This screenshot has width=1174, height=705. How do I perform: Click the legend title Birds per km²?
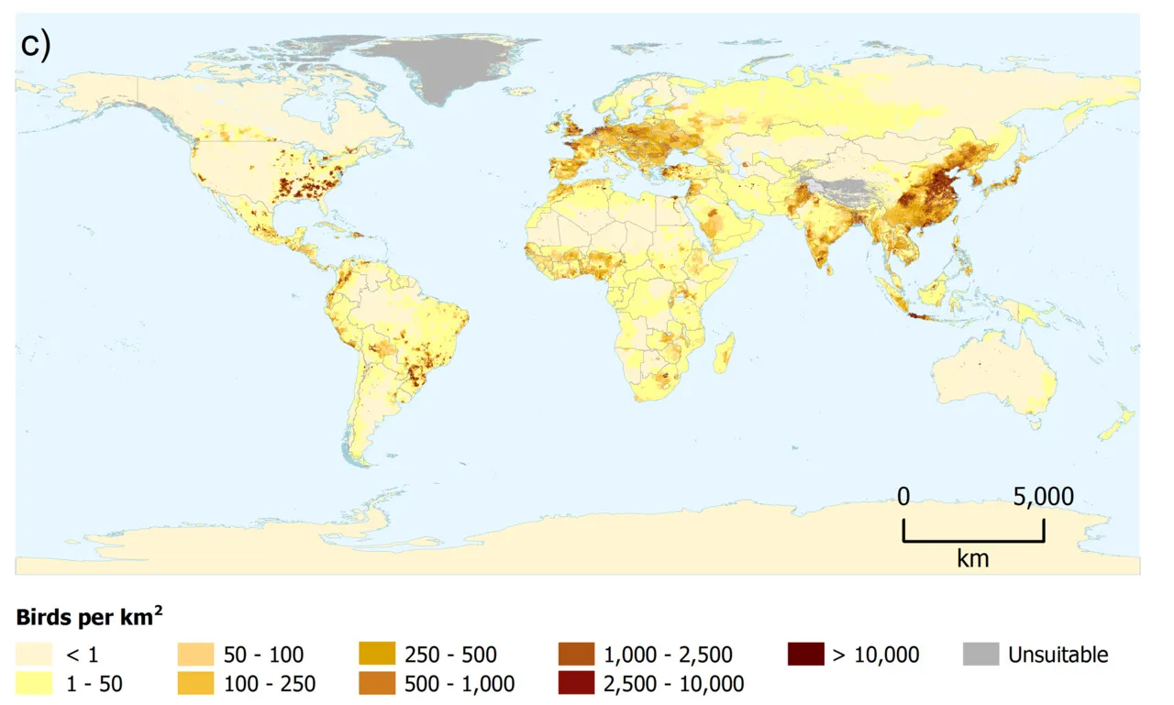coord(89,617)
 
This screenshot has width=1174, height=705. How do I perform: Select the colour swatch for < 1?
coord(34,655)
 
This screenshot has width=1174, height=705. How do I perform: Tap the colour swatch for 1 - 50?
coord(34,683)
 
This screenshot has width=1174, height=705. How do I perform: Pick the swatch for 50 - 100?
coord(195,655)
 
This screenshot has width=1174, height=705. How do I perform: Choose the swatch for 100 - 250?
coord(195,683)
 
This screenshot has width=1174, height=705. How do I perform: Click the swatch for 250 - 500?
coord(377,655)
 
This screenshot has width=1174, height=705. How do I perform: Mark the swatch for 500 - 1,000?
coord(377,683)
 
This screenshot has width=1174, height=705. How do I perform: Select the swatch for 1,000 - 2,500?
coord(575,655)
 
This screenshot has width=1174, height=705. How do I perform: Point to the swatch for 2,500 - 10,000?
coord(575,683)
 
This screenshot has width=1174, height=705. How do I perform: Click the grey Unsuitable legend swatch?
coord(980,655)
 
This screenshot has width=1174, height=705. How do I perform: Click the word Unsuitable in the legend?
coord(1058,655)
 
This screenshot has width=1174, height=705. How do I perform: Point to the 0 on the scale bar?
coord(903,498)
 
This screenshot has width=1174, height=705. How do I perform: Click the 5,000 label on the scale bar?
coord(1043,498)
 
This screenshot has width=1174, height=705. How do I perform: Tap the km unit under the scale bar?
coord(972,557)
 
